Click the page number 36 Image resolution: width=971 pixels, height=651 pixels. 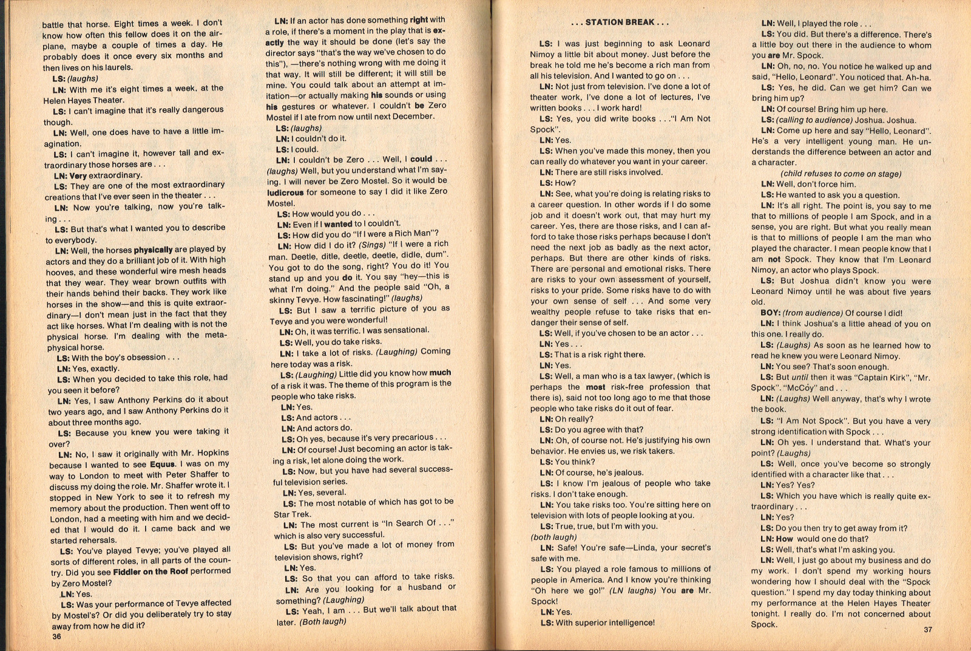click(x=56, y=636)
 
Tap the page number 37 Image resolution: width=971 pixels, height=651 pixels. click(x=928, y=629)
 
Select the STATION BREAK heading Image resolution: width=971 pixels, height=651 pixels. click(x=620, y=22)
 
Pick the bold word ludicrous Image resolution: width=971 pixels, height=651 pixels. click(x=285, y=193)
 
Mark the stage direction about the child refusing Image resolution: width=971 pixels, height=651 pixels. click(x=841, y=174)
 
